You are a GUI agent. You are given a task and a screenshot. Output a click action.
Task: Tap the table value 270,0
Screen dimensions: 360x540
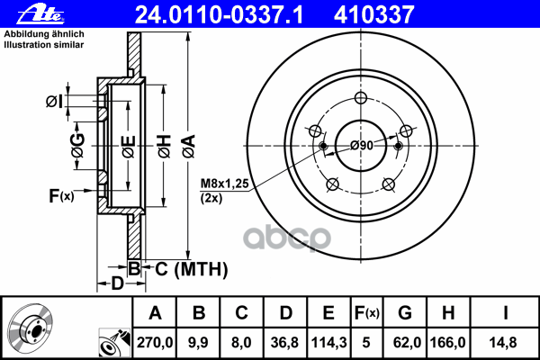point(154,342)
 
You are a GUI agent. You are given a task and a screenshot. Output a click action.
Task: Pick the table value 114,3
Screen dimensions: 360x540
point(328,342)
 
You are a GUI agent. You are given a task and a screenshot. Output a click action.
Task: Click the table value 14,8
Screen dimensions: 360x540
point(507,342)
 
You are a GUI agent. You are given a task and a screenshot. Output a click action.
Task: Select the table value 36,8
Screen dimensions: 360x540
point(285,342)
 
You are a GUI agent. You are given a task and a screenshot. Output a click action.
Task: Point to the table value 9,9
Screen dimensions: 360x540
point(199,342)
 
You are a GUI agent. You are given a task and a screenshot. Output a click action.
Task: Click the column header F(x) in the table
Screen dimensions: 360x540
point(369,313)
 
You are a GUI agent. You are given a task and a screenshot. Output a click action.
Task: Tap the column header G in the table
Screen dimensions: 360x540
point(405,313)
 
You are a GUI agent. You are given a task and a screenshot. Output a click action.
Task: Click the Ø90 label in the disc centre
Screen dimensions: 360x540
point(362,145)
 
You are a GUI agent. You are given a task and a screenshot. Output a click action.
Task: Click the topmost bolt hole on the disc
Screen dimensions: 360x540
point(362,99)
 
